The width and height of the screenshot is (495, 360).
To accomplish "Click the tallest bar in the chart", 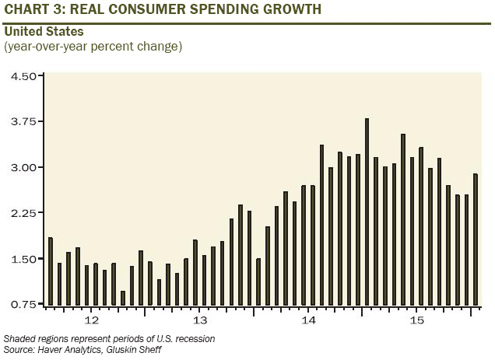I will point(367,211).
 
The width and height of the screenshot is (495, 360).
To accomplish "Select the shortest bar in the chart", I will point(123,298).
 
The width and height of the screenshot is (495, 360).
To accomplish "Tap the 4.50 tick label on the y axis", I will point(23,76).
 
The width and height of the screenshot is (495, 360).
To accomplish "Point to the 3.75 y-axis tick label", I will point(23,122).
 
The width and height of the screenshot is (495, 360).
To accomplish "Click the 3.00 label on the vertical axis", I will point(23,167).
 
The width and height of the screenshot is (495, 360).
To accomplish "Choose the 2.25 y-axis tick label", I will point(23,213).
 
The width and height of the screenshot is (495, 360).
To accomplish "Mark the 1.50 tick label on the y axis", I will point(23,259).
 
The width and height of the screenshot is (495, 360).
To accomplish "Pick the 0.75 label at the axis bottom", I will point(23,304).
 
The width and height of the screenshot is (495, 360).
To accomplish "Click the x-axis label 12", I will point(91,320).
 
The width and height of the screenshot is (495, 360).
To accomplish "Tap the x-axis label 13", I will point(199,320).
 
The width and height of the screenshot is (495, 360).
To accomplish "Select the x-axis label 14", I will point(308,320).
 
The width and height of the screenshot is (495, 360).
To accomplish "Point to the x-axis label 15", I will point(416,320).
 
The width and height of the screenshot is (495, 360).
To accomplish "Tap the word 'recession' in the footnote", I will point(192,338).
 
